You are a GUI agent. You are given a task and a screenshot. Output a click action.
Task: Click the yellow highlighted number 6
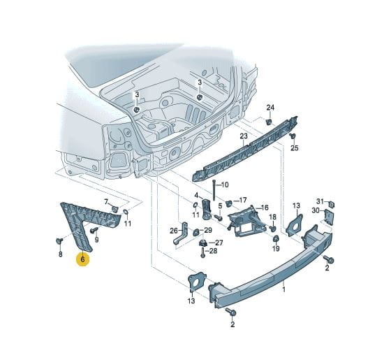click(82, 259)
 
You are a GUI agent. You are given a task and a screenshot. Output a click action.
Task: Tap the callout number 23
click(244, 136)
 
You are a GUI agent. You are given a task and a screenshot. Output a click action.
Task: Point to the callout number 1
click(284, 289)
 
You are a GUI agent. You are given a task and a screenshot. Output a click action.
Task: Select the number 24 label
click(270, 108)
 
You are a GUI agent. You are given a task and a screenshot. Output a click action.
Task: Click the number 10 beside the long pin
click(224, 185)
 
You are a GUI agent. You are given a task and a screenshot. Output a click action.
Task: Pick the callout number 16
click(265, 208)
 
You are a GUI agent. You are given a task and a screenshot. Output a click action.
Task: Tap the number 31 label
click(320, 201)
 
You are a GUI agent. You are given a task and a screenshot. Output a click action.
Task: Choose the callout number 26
click(174, 231)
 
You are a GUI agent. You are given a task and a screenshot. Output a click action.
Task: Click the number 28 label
click(213, 251)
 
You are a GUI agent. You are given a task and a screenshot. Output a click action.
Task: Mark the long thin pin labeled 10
click(214, 190)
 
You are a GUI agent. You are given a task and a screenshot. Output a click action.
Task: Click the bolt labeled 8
click(59, 241)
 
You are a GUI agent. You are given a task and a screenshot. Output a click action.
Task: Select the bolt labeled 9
click(94, 230)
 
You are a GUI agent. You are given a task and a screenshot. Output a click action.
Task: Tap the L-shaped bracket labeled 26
click(181, 233)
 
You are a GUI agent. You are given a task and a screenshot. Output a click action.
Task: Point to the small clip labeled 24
click(269, 122)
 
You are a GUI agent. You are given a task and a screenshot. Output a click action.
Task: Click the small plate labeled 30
click(329, 217)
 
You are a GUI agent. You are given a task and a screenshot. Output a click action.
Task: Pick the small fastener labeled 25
click(293, 136)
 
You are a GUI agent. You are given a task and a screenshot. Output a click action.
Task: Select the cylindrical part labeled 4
click(206, 209)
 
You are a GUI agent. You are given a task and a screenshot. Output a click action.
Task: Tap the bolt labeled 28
click(203, 253)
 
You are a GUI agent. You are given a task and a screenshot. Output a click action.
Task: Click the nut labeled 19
click(276, 238)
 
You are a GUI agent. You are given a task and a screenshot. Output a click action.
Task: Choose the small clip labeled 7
click(115, 209)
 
